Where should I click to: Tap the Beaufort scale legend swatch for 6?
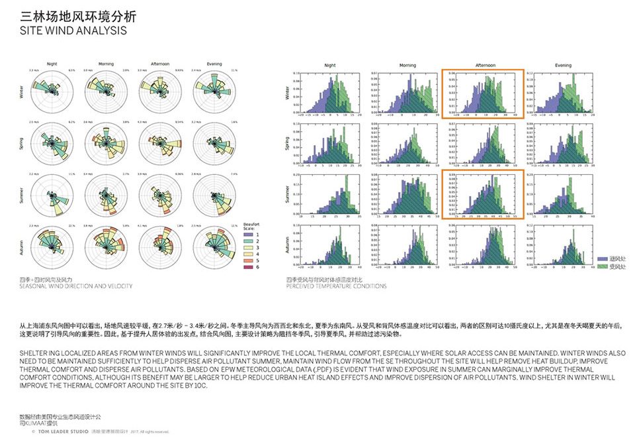pyautogui.click(x=247, y=267)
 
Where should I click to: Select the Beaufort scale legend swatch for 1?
pyautogui.click(x=247, y=234)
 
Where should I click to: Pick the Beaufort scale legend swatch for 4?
pyautogui.click(x=247, y=254)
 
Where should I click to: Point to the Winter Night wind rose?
pyautogui.click(x=52, y=95)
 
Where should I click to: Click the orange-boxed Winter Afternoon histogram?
pyautogui.click(x=482, y=94)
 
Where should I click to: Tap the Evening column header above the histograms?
pyautogui.click(x=563, y=66)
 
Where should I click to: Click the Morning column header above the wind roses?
pyautogui.click(x=106, y=64)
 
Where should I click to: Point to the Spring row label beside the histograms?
pyautogui.click(x=287, y=144)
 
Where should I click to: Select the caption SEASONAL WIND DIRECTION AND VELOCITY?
pyautogui.click(x=75, y=286)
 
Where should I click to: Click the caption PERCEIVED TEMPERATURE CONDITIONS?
pyautogui.click(x=337, y=286)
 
